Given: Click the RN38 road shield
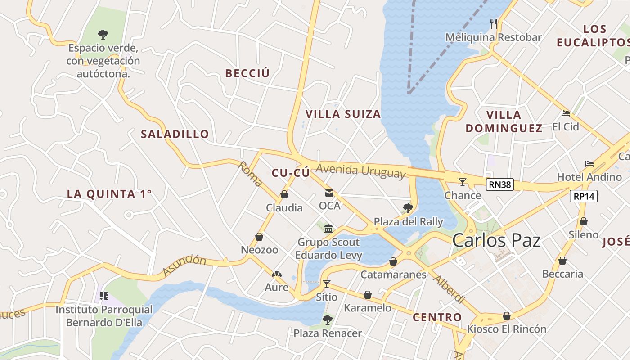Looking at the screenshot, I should click(x=499, y=184).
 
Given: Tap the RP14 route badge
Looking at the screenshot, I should click(x=584, y=196).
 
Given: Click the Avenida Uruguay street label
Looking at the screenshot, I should click(x=360, y=171).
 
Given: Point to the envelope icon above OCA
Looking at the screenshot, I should click(x=329, y=193).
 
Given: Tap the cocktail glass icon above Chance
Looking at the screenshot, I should click(x=463, y=182).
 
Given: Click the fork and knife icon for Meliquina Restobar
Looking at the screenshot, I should click(x=494, y=23).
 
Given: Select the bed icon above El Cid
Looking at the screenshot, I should click(x=566, y=113).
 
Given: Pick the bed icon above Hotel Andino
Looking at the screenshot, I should click(x=589, y=163).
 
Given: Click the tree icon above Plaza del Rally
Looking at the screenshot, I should click(x=408, y=208).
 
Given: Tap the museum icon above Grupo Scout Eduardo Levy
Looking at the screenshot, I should click(x=328, y=229).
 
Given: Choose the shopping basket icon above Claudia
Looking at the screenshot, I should click(x=284, y=194).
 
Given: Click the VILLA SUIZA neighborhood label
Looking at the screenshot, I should click(x=343, y=114).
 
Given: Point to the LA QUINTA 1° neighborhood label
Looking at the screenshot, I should click(x=109, y=194).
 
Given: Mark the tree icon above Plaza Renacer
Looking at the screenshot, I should click(x=327, y=320).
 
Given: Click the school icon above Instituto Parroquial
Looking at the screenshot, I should click(x=104, y=296).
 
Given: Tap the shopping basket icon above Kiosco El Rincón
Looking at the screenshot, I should click(x=506, y=316).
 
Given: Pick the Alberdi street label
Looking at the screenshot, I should click(x=448, y=289).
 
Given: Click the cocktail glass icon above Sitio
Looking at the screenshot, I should click(x=327, y=283).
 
